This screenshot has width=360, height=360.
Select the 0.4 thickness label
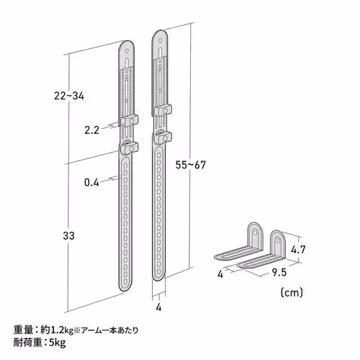(x=91, y=182)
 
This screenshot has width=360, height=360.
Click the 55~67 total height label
(x=190, y=164)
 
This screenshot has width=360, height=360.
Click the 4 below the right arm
(x=159, y=308)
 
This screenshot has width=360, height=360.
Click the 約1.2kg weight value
(x=54, y=330)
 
